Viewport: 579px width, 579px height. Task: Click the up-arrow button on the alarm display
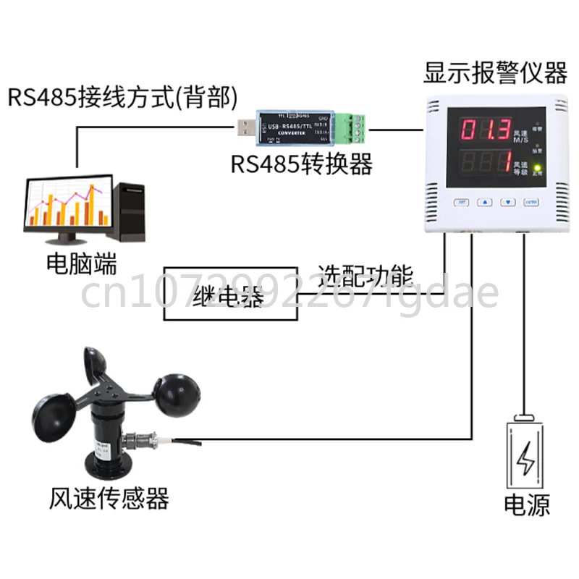point(486,203)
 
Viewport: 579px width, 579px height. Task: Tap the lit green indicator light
point(536,166)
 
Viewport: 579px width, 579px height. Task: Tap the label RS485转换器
point(302,164)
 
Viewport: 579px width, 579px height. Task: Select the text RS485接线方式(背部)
point(124,97)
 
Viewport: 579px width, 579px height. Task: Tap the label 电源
point(526,504)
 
